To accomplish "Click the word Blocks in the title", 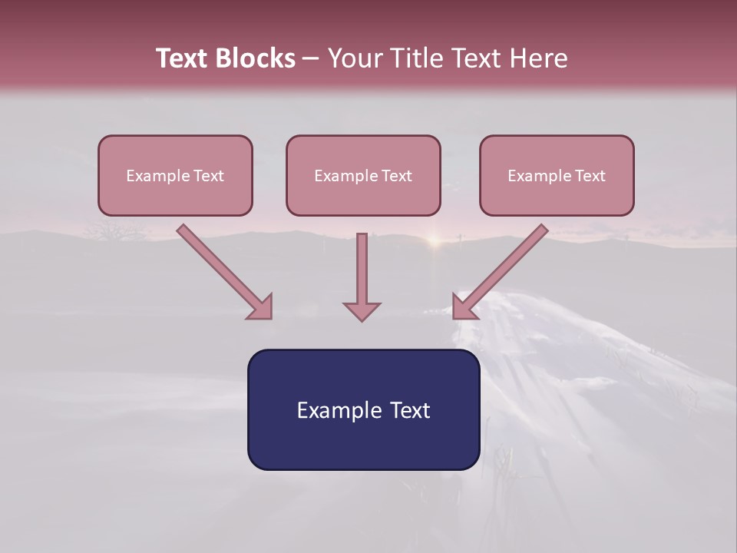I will [x=256, y=58].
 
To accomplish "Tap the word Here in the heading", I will [x=537, y=58].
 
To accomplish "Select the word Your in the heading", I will [x=355, y=58].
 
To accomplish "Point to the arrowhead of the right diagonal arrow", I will [x=463, y=307].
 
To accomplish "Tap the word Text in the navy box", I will [x=409, y=410].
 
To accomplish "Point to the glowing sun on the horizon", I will [x=435, y=240].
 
